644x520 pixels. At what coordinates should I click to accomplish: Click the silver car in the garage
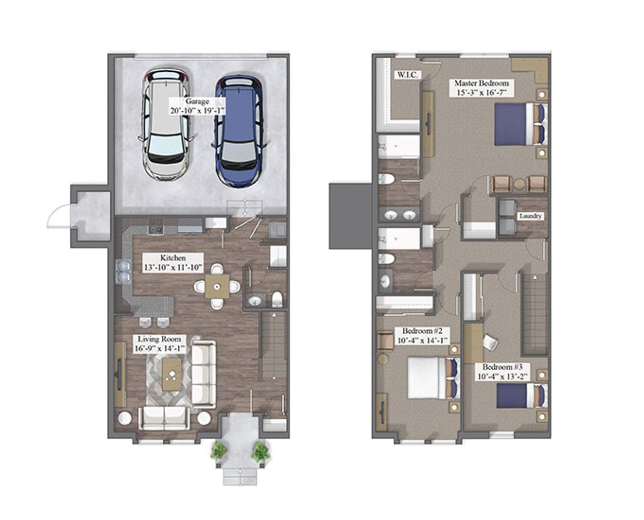coord(165,125)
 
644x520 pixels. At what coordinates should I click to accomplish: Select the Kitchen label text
coord(173,262)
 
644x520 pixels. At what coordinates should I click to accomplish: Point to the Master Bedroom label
coord(481,87)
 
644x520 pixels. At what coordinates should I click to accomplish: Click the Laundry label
coord(530,216)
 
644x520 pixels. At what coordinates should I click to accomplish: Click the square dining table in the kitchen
coord(217,286)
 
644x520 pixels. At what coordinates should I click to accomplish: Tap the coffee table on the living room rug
coord(171,374)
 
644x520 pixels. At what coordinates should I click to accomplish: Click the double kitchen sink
coord(123,272)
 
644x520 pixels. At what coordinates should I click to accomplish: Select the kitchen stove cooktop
coord(156,226)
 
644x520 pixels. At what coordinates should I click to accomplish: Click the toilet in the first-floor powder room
coord(277,299)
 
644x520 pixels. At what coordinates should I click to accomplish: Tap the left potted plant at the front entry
coord(219,451)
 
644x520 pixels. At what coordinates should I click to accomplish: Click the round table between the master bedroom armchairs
coord(519,184)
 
